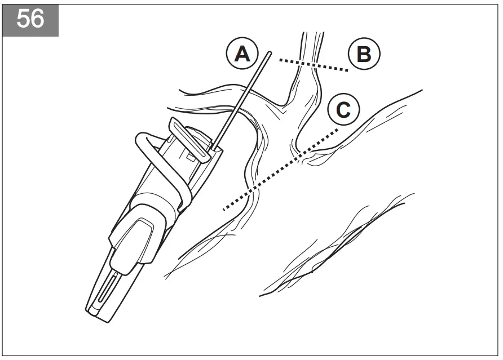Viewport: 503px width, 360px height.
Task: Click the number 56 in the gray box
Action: [x=30, y=19]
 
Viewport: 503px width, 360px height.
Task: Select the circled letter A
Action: [x=242, y=55]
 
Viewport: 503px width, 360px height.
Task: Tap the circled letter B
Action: [x=364, y=55]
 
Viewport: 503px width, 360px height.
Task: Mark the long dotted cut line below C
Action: [x=282, y=168]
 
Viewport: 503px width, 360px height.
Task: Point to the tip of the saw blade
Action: [x=271, y=54]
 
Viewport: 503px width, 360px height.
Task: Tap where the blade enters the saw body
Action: [x=215, y=148]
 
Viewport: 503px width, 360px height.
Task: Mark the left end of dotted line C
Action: [x=224, y=209]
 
